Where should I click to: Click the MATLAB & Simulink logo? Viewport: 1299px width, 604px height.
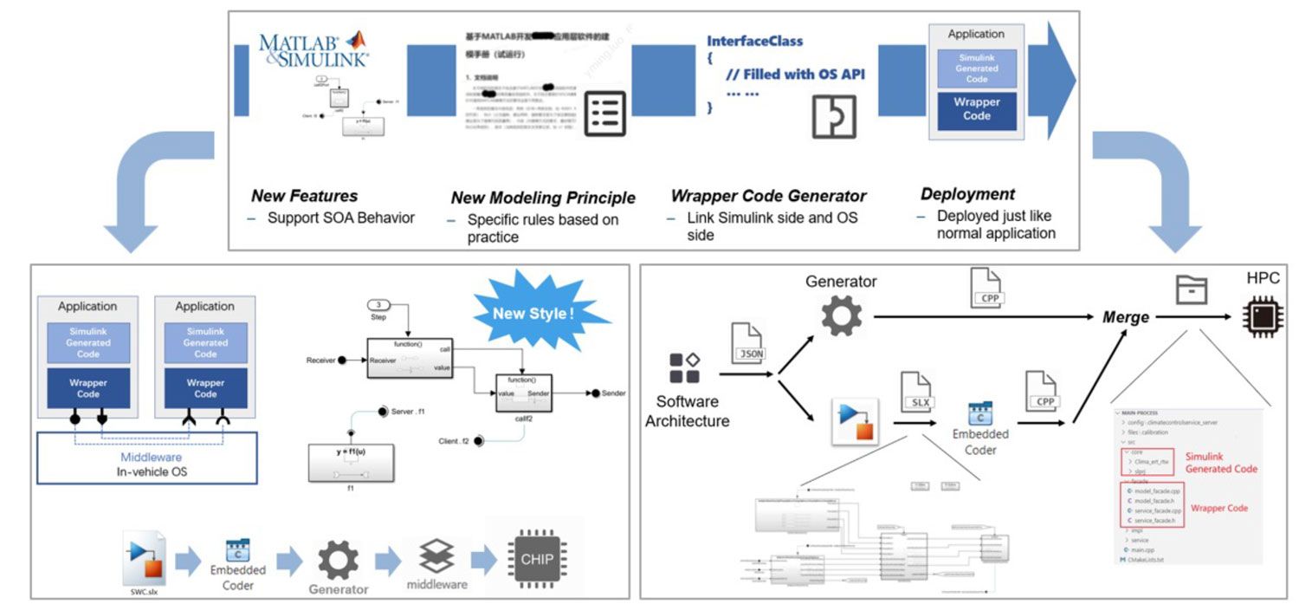[313, 49]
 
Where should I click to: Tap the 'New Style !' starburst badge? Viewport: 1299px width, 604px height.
[533, 314]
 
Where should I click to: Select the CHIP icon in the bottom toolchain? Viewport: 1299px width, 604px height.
[537, 559]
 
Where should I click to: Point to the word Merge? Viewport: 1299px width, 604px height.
[1125, 317]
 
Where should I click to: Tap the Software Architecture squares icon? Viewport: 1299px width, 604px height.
[685, 367]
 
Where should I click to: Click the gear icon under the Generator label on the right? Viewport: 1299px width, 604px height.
[841, 316]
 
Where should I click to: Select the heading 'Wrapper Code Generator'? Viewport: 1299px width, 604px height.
[768, 196]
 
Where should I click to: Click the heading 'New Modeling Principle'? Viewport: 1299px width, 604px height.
[543, 198]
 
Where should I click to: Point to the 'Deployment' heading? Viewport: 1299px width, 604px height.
[967, 194]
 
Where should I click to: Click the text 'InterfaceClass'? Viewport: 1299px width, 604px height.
[754, 41]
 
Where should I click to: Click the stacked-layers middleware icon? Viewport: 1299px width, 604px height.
[436, 555]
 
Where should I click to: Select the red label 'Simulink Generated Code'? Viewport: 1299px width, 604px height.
[1221, 462]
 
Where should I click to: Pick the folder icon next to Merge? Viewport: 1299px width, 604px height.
[1191, 290]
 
